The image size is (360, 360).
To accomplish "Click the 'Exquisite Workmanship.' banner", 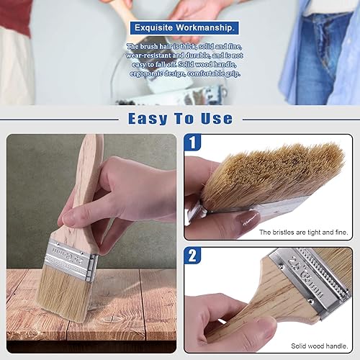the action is pos(184,27).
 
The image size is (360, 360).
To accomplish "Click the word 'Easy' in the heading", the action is pos(148,119).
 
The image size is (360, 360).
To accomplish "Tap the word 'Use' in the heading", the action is pos(217,119).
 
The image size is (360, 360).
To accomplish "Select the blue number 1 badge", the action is pos(192,143).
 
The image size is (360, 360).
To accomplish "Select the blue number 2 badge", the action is pos(192,256).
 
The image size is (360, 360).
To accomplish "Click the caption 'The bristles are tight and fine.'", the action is pos(303,232).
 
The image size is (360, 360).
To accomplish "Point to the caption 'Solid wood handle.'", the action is pos(319,346).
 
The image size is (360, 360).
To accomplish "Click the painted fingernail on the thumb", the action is pos(250,220).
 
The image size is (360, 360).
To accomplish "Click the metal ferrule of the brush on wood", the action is pos(70,260).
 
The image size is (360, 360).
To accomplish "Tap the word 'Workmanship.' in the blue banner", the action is pos(204,28).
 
